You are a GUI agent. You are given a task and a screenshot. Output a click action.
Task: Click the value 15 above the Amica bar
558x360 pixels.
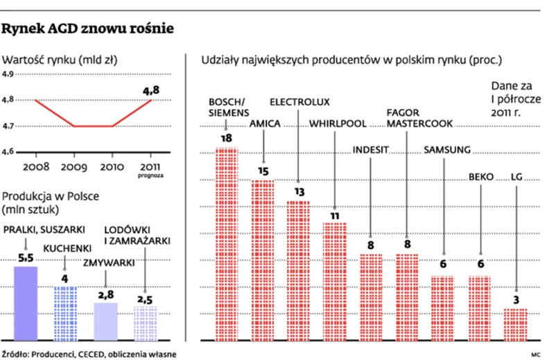[263, 171]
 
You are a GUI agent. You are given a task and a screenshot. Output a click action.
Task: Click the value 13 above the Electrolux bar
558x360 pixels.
[299, 191]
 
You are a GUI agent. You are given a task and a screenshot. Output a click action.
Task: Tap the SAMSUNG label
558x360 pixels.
[447, 149]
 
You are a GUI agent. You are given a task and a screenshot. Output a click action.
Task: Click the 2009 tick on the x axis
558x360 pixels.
[73, 168]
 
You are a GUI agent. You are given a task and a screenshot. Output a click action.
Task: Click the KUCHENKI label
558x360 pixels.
[66, 248]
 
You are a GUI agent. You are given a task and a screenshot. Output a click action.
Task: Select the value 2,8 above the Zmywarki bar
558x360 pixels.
[105, 295]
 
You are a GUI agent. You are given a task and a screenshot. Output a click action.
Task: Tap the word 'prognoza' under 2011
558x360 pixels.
[151, 176]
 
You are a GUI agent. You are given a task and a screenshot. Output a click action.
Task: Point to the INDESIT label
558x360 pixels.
[371, 149]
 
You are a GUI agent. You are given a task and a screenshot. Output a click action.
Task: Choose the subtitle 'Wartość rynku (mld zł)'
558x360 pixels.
[60, 60]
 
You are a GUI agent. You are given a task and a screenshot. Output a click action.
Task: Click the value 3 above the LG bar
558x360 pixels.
[516, 300]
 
